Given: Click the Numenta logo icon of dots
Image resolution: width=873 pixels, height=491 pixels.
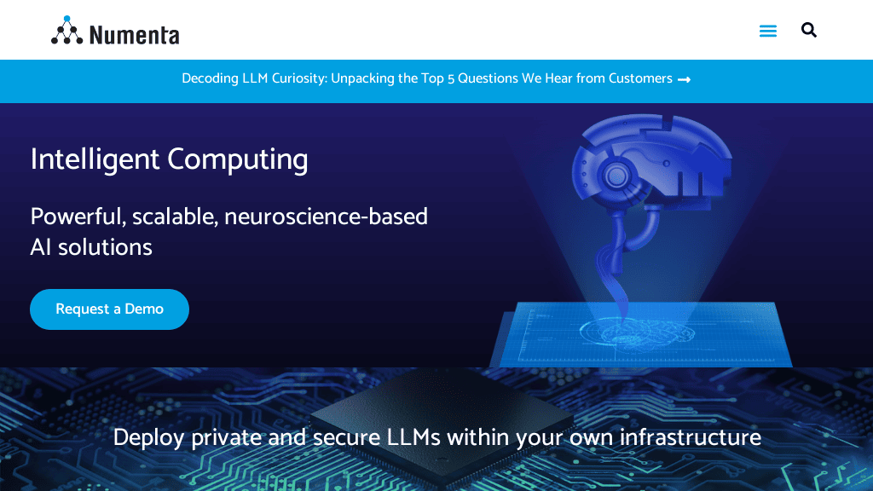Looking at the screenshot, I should (x=66, y=31).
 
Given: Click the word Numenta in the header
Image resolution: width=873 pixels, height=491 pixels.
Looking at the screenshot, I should (x=134, y=35).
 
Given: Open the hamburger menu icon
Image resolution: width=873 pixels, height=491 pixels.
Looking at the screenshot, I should (x=768, y=32).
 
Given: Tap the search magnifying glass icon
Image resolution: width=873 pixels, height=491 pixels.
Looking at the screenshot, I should (x=809, y=31).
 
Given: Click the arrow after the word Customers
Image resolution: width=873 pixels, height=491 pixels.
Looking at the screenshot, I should (x=684, y=79).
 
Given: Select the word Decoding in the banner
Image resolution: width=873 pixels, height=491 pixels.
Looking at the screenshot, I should (x=210, y=78).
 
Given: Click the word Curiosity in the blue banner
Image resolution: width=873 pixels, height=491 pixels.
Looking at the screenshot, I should (x=298, y=78).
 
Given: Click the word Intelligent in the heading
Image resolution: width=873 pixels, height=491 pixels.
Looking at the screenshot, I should (x=95, y=159).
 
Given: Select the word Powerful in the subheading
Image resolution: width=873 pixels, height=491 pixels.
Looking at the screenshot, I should (x=75, y=217).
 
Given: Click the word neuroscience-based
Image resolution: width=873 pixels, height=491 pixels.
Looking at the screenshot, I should (x=327, y=217).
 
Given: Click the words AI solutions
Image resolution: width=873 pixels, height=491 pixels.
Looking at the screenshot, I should (x=91, y=247).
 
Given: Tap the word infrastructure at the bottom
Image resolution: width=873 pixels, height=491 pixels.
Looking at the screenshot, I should (x=691, y=437).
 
